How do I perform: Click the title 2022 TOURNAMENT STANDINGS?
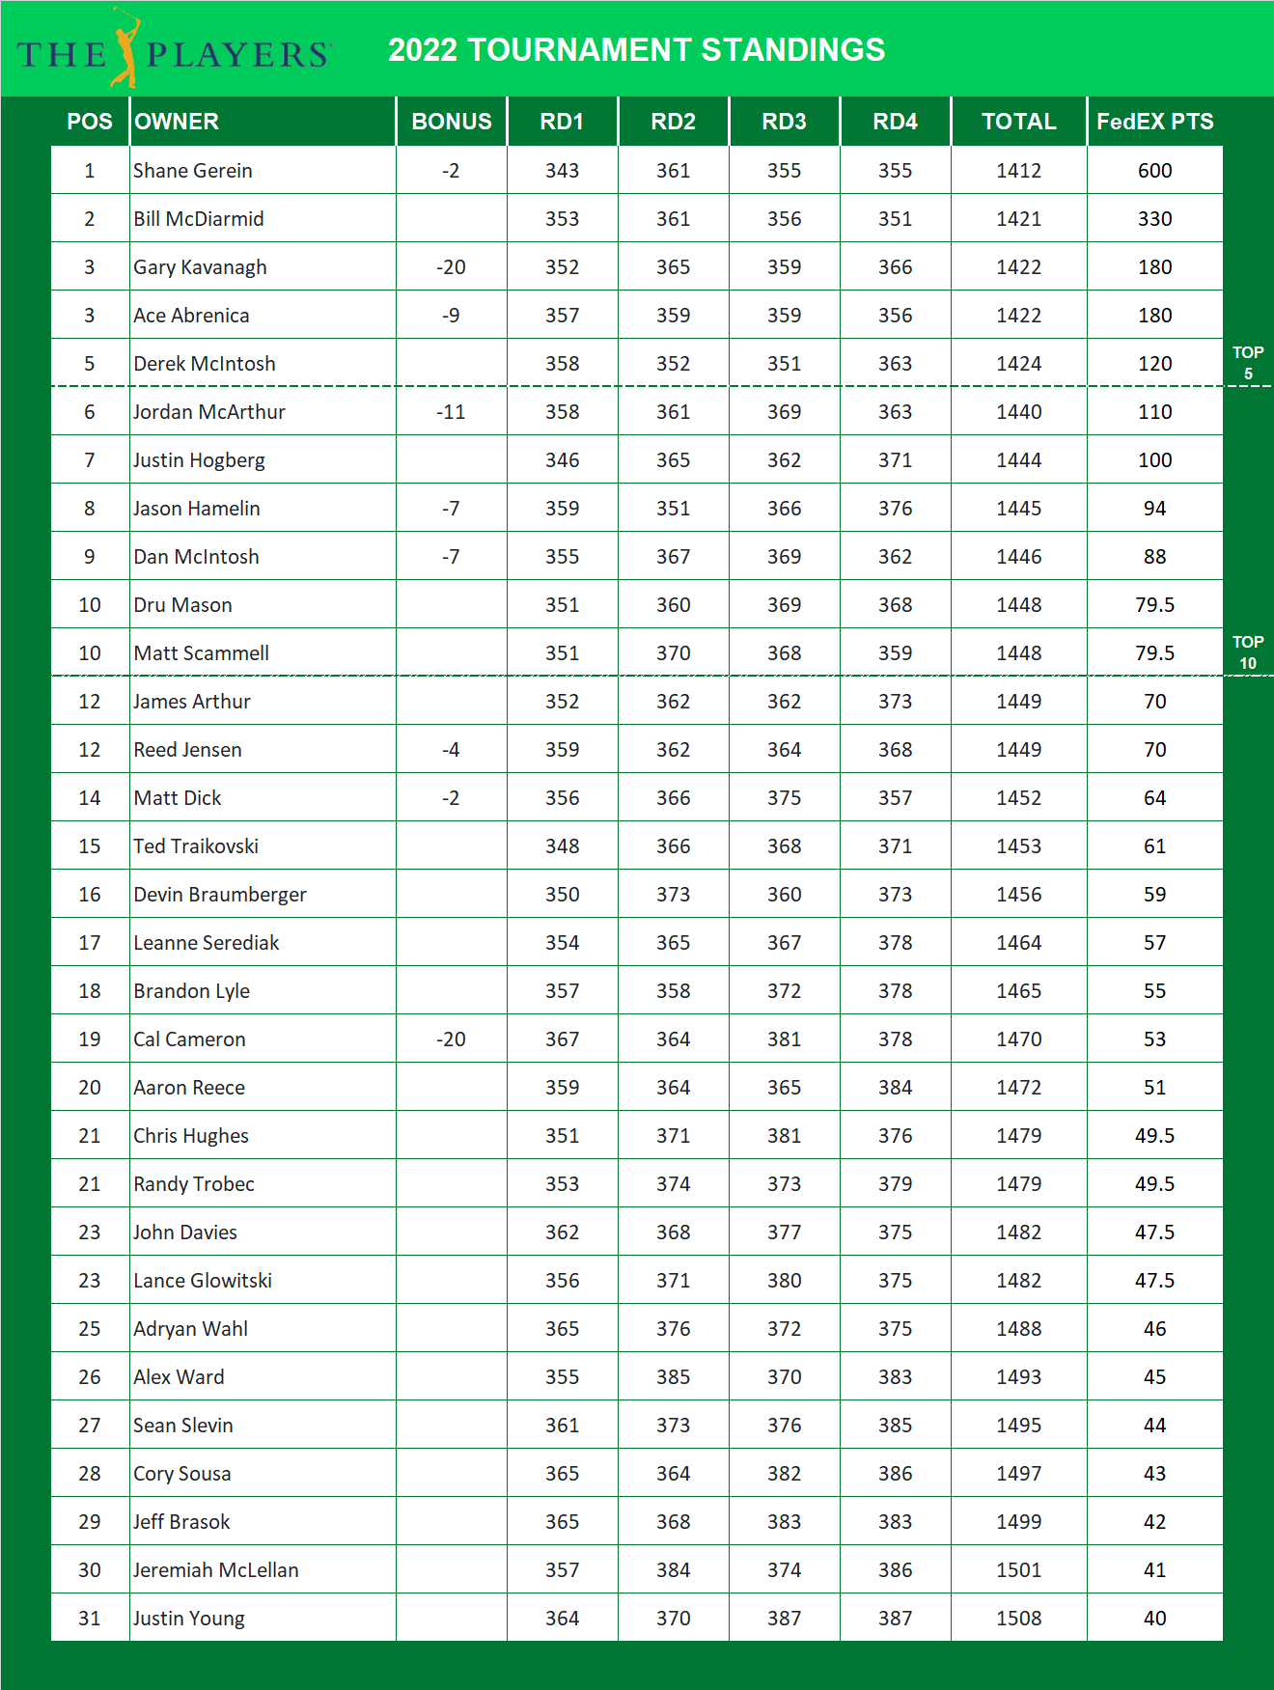tap(636, 50)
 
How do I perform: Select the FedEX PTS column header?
tap(1154, 122)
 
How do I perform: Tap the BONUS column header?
tap(451, 122)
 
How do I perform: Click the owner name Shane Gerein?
tap(193, 171)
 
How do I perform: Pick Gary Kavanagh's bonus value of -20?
tap(451, 267)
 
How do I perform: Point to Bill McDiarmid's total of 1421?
tap(1018, 219)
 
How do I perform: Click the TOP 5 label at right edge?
tap(1247, 363)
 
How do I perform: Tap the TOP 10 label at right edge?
tap(1247, 652)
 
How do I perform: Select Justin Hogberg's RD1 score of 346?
tap(562, 460)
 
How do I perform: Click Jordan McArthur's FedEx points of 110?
tap(1154, 412)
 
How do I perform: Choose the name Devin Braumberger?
tap(220, 895)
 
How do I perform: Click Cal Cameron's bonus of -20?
tap(451, 1039)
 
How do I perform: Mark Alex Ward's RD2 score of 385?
tap(673, 1377)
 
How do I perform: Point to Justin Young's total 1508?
tap(1018, 1619)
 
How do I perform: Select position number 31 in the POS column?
tap(90, 1619)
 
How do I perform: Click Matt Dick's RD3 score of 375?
tap(784, 798)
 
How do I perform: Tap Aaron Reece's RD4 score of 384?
tap(895, 1088)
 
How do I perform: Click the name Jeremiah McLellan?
tap(216, 1570)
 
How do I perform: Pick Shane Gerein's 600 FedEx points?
tap(1154, 171)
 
